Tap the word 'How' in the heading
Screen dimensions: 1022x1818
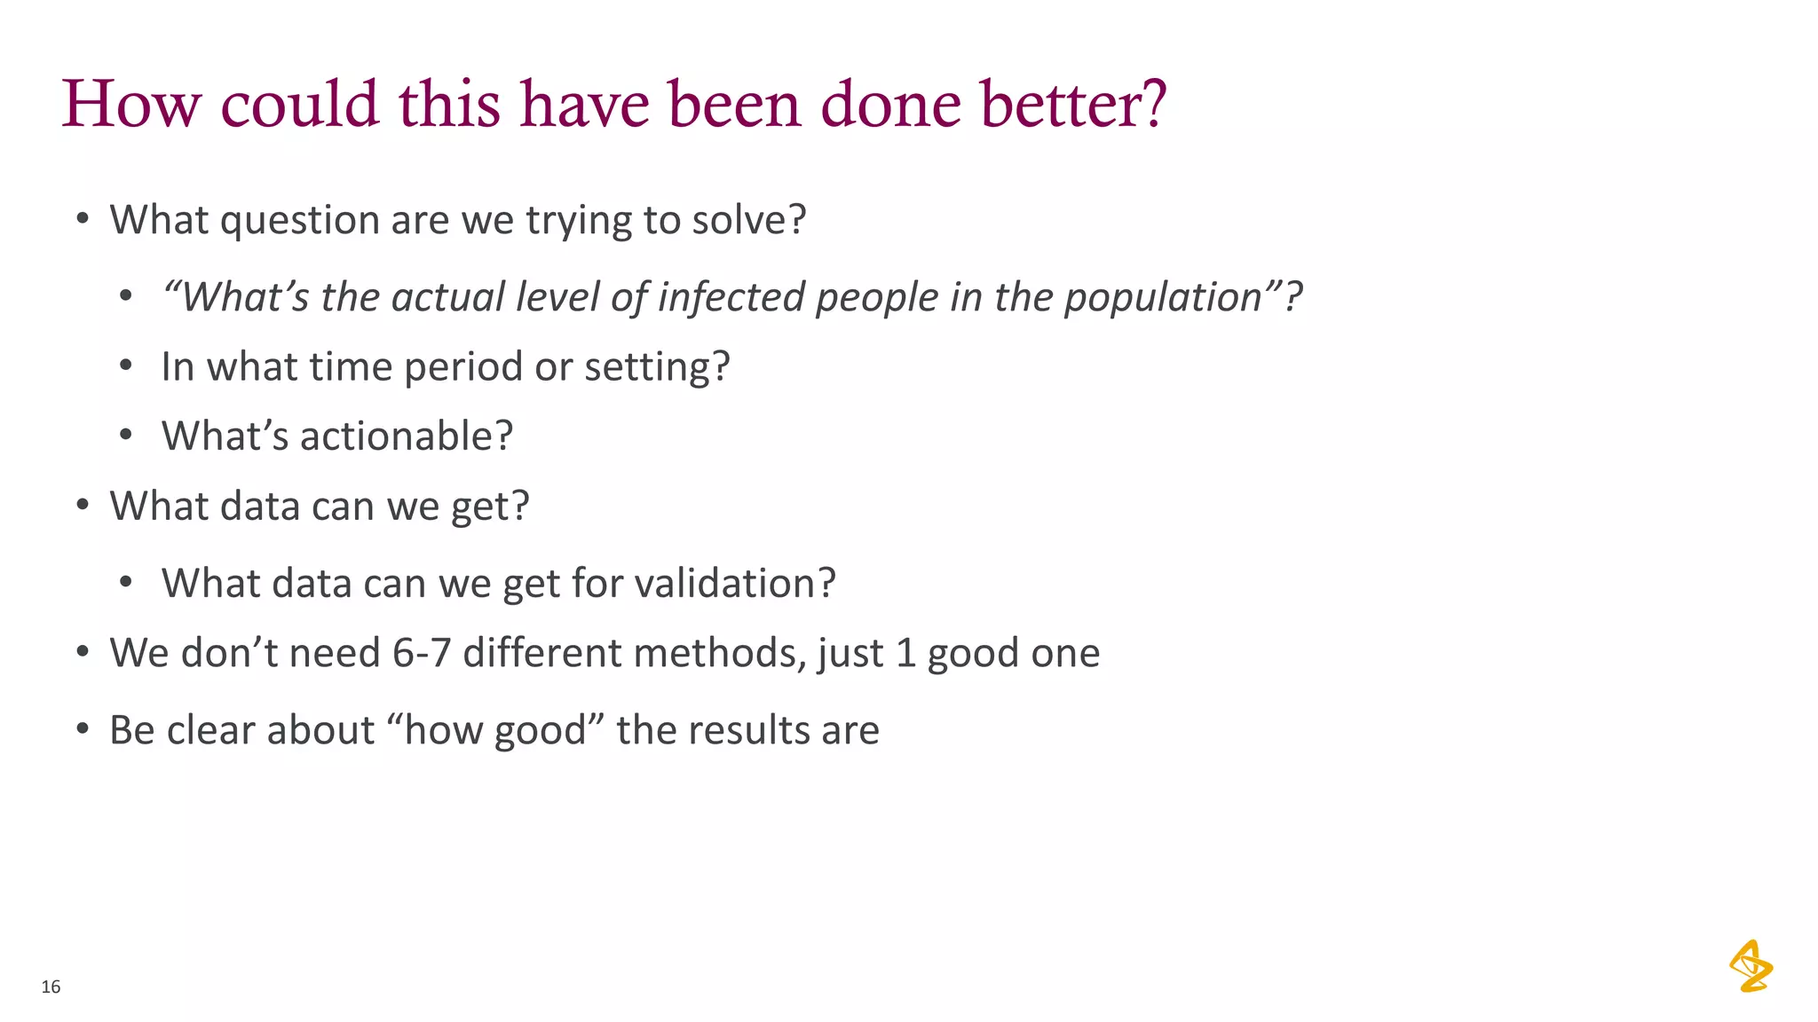coord(131,105)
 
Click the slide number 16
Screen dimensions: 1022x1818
coord(51,987)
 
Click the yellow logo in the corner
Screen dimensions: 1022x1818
coord(1751,966)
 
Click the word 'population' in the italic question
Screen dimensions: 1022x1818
coord(1163,297)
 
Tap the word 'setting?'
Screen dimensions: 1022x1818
coord(657,366)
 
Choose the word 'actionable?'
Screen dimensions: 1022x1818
coord(407,436)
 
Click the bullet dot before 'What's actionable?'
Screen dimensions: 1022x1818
coord(126,436)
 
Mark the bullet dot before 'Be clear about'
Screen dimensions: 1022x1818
coord(83,729)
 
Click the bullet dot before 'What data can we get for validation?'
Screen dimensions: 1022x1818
coord(126,583)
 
